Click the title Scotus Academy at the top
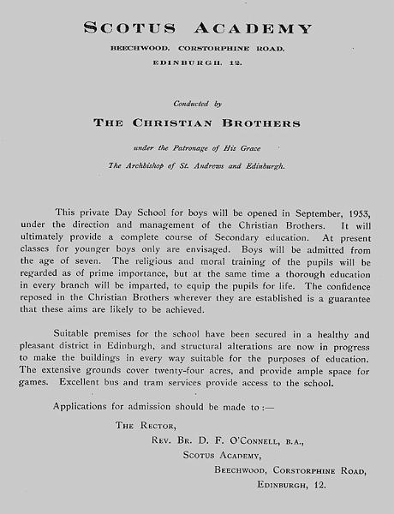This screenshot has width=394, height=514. coord(197,29)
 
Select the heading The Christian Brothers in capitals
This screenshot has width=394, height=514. coord(197,123)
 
